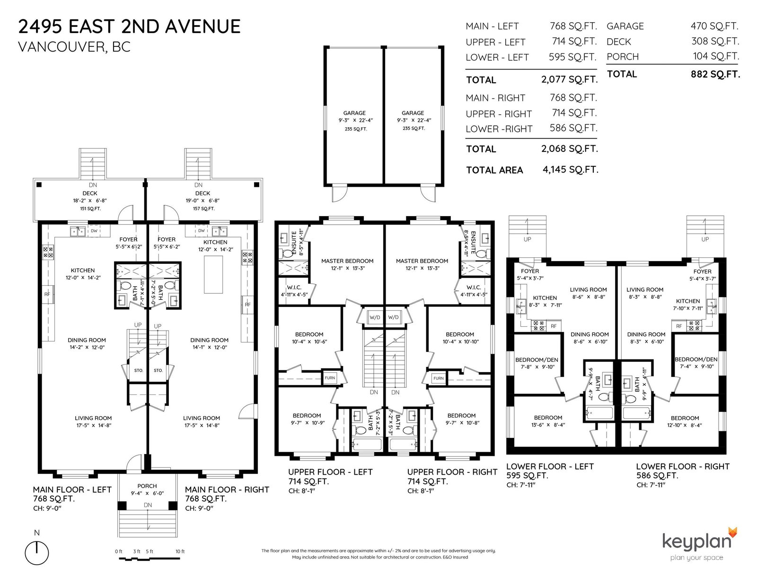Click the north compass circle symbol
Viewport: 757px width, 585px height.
[36, 553]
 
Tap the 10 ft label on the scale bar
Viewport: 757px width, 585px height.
[180, 551]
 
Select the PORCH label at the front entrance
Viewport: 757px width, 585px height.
[147, 486]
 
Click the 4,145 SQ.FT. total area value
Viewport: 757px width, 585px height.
[570, 170]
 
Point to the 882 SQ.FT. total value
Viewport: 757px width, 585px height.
[715, 74]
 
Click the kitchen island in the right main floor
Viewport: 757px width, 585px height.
[213, 274]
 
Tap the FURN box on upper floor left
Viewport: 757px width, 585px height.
[330, 378]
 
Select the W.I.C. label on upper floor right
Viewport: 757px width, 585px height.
[474, 287]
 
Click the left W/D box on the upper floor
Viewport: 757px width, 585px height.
[375, 317]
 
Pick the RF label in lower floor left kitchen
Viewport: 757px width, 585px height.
[554, 326]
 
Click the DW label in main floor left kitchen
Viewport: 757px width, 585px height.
[94, 230]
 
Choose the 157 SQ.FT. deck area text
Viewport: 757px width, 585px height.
[203, 209]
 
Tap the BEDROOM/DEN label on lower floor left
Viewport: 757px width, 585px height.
[537, 360]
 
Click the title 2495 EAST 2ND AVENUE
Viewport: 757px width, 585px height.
[129, 27]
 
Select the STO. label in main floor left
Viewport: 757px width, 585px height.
[139, 370]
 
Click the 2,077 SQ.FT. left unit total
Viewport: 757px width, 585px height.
[570, 79]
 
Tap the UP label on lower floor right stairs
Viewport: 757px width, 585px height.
[705, 239]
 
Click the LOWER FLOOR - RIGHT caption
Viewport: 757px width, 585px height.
[682, 466]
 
